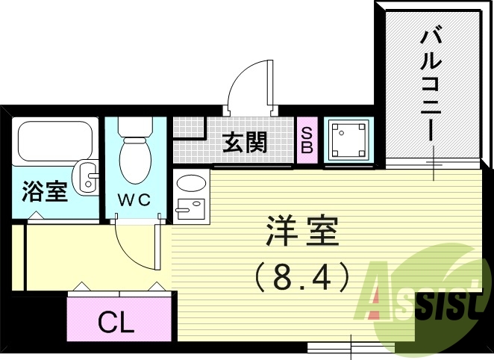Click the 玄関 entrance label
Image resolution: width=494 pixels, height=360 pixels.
click(x=245, y=142)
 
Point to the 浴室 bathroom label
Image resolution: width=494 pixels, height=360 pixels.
click(x=45, y=191)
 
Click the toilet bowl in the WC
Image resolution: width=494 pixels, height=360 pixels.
click(x=136, y=158)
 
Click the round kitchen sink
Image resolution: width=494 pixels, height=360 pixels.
click(x=192, y=183)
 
